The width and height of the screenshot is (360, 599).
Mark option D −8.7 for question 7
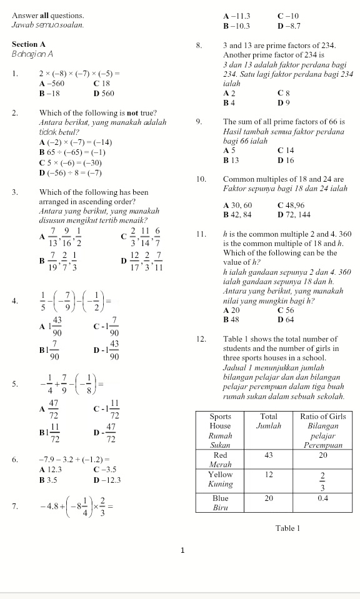click(x=288, y=26)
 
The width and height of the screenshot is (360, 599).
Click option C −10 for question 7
click(x=288, y=16)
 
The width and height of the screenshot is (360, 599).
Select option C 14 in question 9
click(x=286, y=151)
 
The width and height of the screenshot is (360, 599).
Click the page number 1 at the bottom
click(x=182, y=550)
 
